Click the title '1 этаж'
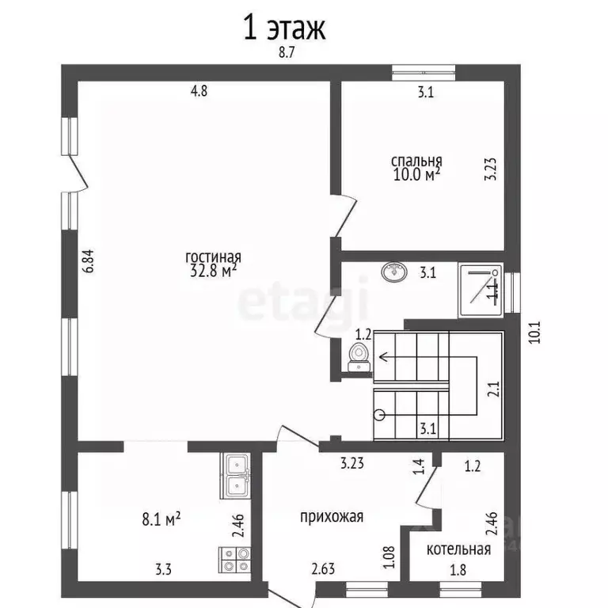pos(284,28)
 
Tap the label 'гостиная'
pos(213,257)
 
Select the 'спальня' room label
pos(416,161)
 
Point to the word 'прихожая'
pos(332,517)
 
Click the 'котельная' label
pos(458,549)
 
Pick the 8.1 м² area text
pos(161,519)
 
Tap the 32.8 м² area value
pos(213,271)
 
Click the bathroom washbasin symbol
pos(394,272)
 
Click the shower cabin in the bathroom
pos(480,291)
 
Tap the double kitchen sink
pos(235,476)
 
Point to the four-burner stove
pos(235,560)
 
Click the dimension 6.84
pos(89,261)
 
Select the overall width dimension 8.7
pos(287,52)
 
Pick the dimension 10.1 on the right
pos(534,332)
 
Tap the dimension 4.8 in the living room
pos(199,91)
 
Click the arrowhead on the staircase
pos(383,356)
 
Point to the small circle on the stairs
pos(380,415)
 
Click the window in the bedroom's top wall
pos(424,73)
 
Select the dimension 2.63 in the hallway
pos(323,569)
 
